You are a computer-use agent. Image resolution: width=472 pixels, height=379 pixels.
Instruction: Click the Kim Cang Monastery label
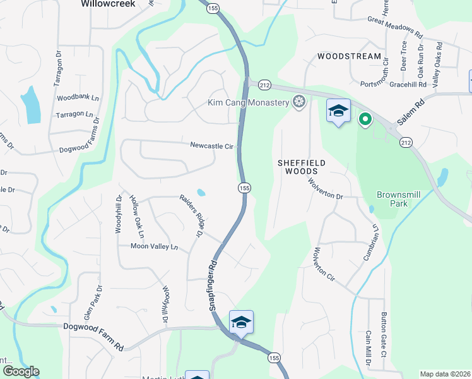click(x=249, y=102)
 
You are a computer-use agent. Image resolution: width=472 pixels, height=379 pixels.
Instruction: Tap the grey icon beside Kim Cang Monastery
click(x=300, y=102)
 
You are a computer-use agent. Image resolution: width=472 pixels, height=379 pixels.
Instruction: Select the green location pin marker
click(x=365, y=118)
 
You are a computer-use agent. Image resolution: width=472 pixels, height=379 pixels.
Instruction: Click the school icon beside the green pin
click(x=338, y=111)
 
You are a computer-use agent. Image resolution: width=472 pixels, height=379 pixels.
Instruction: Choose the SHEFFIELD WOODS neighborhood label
click(x=302, y=167)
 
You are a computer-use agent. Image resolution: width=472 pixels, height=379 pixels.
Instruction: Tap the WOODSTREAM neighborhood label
click(x=349, y=56)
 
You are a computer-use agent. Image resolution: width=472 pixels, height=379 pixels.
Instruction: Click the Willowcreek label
click(x=105, y=3)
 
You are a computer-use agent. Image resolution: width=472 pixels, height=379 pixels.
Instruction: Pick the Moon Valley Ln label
click(x=155, y=246)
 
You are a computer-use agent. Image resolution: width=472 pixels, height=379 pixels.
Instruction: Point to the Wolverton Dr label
click(x=326, y=188)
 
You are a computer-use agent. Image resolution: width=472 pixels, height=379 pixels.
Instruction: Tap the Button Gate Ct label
click(x=383, y=335)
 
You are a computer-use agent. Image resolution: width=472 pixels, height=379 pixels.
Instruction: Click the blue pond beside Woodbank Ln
click(x=29, y=104)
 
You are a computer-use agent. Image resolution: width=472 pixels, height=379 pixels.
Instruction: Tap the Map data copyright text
click(x=445, y=374)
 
